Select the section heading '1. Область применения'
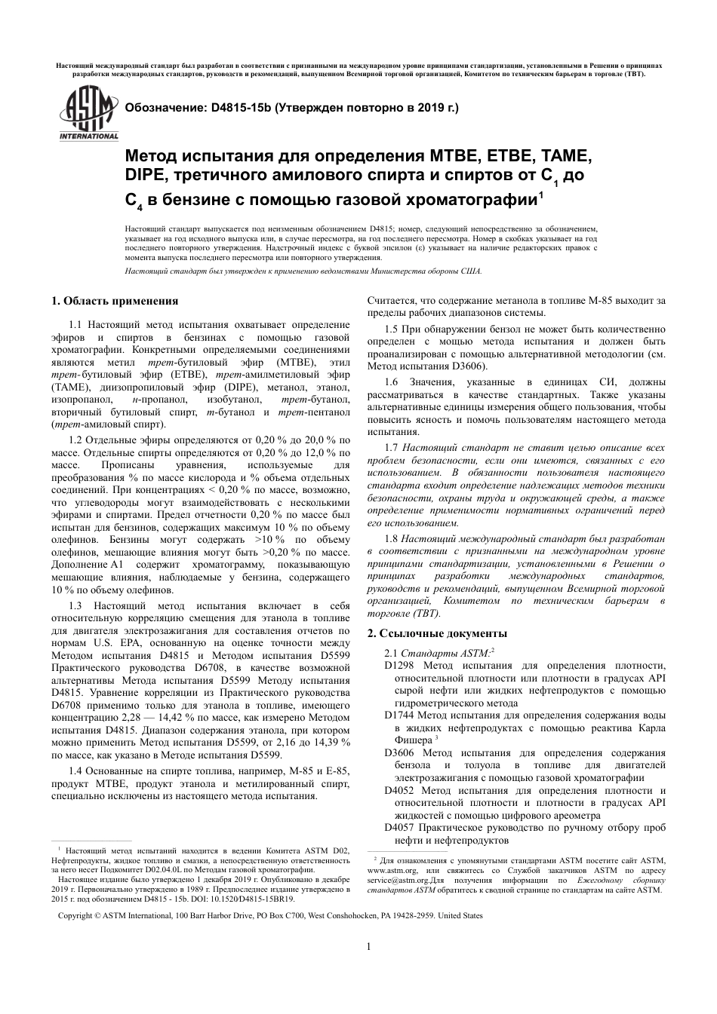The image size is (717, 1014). pos(115,301)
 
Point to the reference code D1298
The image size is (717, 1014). pos(399,666)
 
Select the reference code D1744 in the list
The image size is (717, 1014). pos(399,715)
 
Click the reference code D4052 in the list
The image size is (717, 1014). pos(399,790)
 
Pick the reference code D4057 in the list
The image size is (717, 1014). pos(399,827)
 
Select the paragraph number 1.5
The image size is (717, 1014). pos(390,329)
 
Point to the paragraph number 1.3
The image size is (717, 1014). pos(75,605)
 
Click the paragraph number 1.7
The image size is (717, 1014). pos(390,448)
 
